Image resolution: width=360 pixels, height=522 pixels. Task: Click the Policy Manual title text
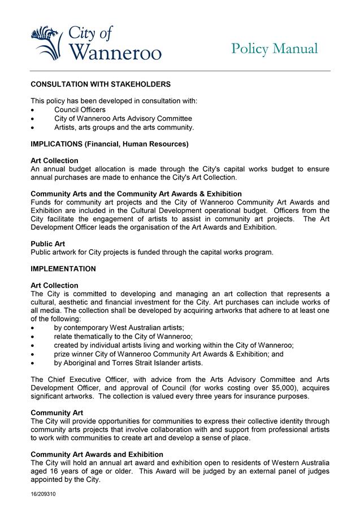[275, 49]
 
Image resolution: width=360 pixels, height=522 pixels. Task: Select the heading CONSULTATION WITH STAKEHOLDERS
[100, 84]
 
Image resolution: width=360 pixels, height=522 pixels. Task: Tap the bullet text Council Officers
[80, 110]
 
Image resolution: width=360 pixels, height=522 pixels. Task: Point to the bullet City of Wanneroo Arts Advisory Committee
[123, 119]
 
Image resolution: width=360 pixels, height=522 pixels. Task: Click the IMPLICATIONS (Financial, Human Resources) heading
[109, 144]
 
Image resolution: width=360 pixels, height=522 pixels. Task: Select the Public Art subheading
[48, 243]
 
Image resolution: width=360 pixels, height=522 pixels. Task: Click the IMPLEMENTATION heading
[63, 269]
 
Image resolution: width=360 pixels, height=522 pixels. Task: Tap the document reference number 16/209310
[43, 494]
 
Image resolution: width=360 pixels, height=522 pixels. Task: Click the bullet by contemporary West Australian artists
[119, 328]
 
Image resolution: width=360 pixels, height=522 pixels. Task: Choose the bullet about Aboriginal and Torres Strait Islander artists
[128, 363]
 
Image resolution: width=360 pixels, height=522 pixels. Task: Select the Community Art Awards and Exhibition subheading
[97, 454]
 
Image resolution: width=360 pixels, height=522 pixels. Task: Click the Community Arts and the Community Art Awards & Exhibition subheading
[136, 194]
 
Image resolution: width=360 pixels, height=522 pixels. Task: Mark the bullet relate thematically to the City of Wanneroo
[115, 337]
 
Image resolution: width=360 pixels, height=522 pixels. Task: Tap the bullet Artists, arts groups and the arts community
[124, 127]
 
